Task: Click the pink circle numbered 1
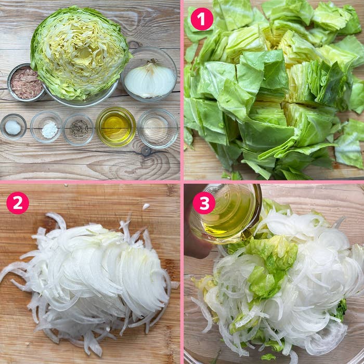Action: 202,19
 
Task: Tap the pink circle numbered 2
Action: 18,203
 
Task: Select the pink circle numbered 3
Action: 204,203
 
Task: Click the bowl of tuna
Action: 25,82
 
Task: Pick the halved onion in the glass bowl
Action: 150,80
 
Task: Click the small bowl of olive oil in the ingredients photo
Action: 116,127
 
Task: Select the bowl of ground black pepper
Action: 79,129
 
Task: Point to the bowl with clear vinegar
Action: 158,128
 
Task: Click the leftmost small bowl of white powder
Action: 13,127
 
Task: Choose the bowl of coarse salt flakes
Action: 46,127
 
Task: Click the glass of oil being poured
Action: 226,214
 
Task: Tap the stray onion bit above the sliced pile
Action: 146,206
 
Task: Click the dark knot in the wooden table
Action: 146,151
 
